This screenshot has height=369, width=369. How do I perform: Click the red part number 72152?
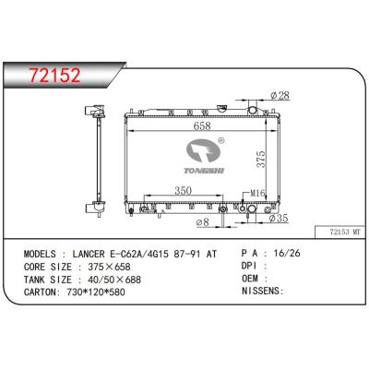pyautogui.click(x=54, y=76)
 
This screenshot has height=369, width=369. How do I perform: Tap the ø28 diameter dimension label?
pyautogui.click(x=280, y=96)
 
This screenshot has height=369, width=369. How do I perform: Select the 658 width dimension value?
pyautogui.click(x=202, y=125)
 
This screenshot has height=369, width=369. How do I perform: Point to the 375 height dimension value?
pyautogui.click(x=261, y=159)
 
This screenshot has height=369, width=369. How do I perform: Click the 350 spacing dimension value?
pyautogui.click(x=183, y=191)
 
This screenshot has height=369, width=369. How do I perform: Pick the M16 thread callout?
pyautogui.click(x=257, y=193)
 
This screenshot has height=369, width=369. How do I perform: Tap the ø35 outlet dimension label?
pyautogui.click(x=279, y=219)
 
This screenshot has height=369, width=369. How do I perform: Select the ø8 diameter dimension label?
pyautogui.click(x=203, y=221)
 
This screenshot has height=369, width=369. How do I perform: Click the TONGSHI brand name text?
pyautogui.click(x=204, y=171)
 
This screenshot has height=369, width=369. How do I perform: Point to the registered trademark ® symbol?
pyautogui.click(x=221, y=140)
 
